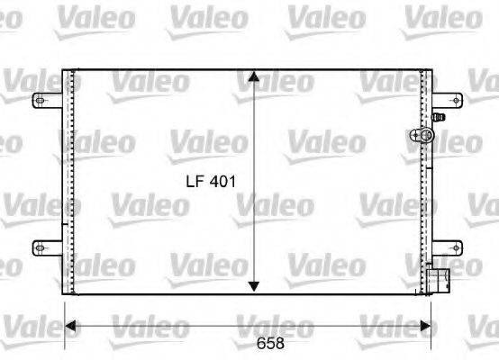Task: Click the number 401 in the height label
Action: tap(222, 181)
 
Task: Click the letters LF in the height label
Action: tap(195, 181)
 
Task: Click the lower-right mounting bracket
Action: tap(447, 246)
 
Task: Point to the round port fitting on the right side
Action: tap(422, 136)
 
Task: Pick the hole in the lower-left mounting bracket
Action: tap(39, 246)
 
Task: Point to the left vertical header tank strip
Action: tap(68, 180)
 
